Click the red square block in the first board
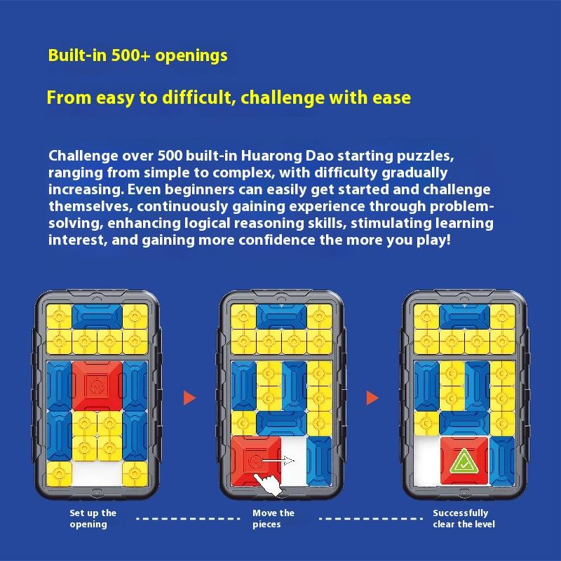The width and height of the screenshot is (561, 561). [97, 386]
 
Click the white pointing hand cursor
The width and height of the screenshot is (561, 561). [268, 483]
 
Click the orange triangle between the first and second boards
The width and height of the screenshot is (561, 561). [189, 398]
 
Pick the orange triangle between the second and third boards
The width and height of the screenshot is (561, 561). [372, 398]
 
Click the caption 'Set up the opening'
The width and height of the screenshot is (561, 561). [93, 518]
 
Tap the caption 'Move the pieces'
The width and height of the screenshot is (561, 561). [273, 518]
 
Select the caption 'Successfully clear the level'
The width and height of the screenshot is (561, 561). [464, 518]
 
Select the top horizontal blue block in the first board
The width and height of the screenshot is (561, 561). [97, 317]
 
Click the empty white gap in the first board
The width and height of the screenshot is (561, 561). [97, 474]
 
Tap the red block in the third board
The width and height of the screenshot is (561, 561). [464, 461]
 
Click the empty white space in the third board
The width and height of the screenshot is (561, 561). [427, 461]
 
